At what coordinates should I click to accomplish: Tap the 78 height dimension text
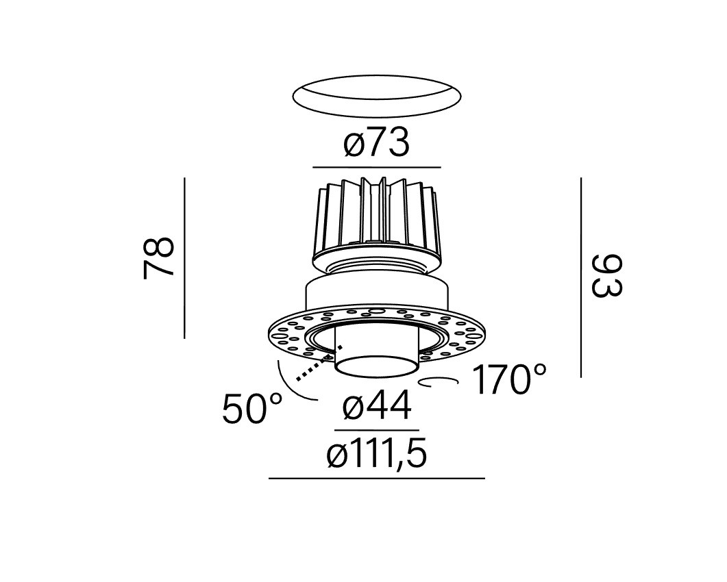159,257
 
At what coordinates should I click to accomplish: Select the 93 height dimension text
607,275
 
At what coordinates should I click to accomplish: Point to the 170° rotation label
509,379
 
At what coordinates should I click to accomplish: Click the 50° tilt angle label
252,408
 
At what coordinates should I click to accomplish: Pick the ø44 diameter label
377,405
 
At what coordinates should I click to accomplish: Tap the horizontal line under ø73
376,167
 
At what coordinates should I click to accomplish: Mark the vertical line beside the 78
184,257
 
